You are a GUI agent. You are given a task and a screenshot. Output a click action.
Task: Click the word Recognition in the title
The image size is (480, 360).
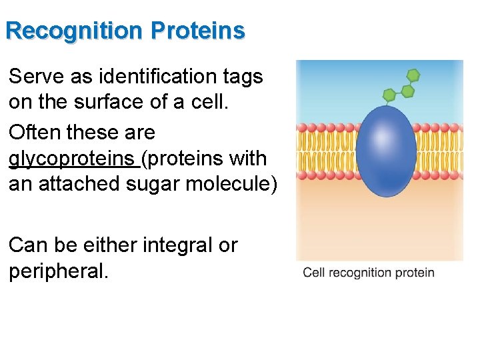[x=75, y=31]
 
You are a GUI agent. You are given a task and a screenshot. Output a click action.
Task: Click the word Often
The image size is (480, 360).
[x=34, y=132]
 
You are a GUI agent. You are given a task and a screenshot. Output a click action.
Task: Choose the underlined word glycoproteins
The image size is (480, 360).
[x=71, y=159]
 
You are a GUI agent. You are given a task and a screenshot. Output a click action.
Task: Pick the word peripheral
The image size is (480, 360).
[x=57, y=272]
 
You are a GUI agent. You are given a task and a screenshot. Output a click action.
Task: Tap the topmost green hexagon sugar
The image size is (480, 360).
[x=413, y=75]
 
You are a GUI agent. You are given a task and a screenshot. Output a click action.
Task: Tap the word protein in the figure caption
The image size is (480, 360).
[x=417, y=273]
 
